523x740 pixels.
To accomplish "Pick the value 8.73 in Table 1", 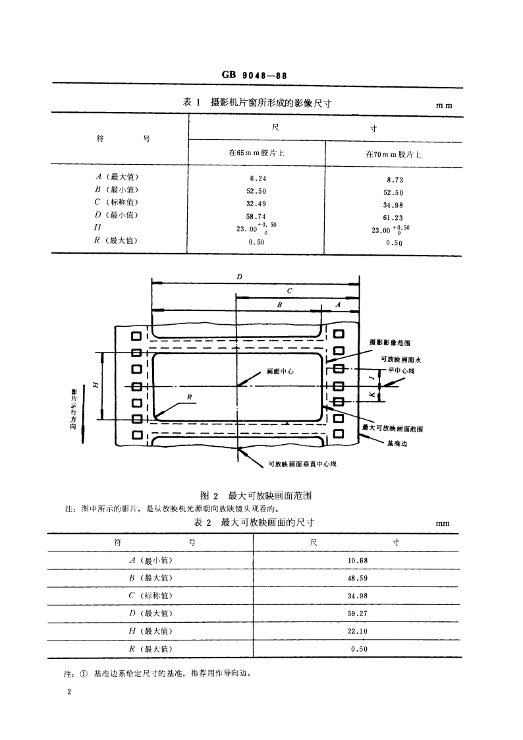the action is click(393, 180).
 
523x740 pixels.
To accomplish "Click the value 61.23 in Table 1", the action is click(393, 217).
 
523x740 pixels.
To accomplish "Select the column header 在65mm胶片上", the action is click(257, 152).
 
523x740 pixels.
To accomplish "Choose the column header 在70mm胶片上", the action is click(393, 154).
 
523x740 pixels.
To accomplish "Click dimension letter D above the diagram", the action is click(238, 277).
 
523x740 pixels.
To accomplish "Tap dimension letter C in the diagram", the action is click(289, 291).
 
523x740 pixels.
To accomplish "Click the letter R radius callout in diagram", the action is click(189, 397).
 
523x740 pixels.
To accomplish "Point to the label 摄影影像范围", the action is click(391, 343).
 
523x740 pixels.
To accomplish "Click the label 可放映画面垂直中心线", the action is click(302, 464).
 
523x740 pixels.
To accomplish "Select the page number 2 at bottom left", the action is click(68, 693).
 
